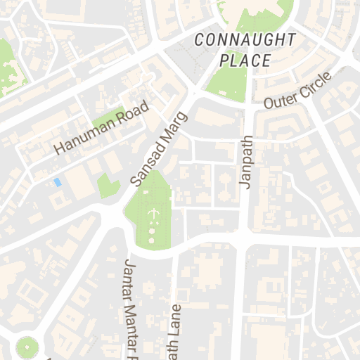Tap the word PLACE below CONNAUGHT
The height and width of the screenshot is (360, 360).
pyautogui.click(x=245, y=60)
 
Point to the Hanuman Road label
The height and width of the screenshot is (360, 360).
pyautogui.click(x=103, y=128)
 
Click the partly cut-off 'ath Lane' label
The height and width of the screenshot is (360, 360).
pyautogui.click(x=175, y=334)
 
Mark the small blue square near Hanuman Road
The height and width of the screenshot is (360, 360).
pyautogui.click(x=57, y=182)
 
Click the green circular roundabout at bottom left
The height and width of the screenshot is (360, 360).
pyautogui.click(x=27, y=347)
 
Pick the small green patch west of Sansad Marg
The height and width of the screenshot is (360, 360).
pyautogui.click(x=108, y=186)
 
